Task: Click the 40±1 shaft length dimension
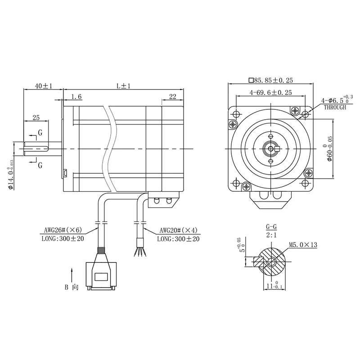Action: click(44, 86)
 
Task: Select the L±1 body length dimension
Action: click(123, 86)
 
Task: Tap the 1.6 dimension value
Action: click(76, 97)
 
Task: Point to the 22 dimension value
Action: click(173, 96)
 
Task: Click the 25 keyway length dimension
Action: click(36, 117)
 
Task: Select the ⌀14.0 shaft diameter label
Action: click(11, 175)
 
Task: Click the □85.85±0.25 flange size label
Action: click(271, 81)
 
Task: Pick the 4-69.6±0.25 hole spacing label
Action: click(271, 93)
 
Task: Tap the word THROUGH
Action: click(335, 107)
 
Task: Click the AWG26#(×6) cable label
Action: click(63, 230)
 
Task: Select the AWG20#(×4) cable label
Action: click(178, 230)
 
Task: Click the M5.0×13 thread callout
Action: click(303, 245)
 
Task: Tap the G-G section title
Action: click(271, 227)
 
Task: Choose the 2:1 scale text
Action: click(271, 235)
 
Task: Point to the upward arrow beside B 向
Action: click(72, 275)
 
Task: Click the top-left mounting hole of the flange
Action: click(236, 114)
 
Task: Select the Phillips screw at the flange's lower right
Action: click(308, 173)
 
